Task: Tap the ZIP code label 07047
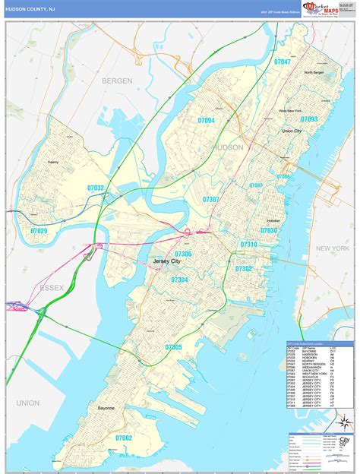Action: [283, 62]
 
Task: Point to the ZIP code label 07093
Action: [308, 119]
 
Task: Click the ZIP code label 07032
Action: [96, 187]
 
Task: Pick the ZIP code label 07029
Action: [38, 231]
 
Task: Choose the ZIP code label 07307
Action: [211, 199]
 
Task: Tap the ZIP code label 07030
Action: [269, 230]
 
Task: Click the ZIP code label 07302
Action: [243, 268]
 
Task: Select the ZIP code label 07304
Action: [179, 280]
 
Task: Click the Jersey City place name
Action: [167, 261]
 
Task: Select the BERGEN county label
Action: [118, 80]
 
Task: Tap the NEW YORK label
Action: [333, 248]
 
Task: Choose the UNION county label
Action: [27, 402]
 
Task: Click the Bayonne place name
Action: [106, 408]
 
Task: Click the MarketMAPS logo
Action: [321, 9]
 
